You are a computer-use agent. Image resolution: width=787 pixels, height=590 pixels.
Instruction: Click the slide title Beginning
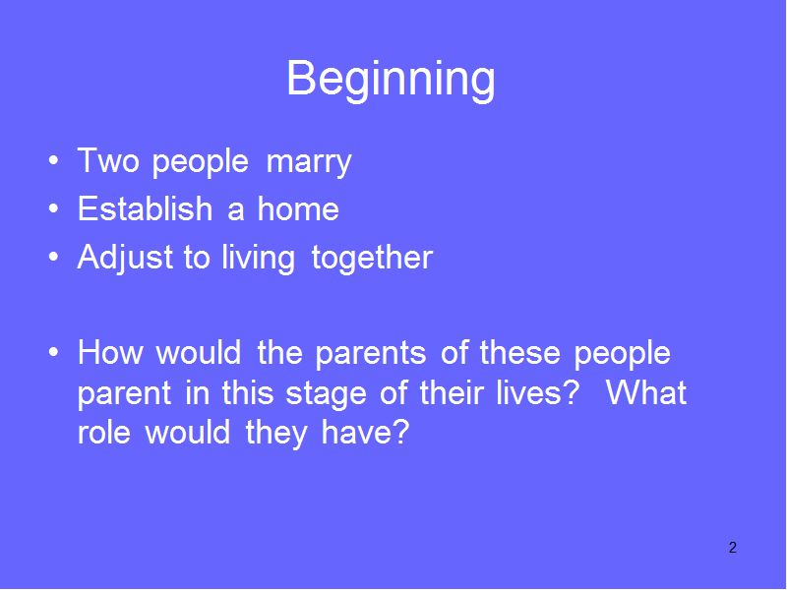(391, 80)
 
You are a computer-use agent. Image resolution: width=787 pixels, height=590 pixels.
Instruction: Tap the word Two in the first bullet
(108, 160)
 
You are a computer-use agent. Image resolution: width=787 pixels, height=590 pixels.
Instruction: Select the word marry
(309, 163)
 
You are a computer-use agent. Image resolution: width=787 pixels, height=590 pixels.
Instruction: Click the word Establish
(145, 208)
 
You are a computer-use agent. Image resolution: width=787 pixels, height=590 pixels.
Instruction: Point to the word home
(298, 208)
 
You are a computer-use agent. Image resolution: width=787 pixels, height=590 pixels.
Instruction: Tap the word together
(372, 259)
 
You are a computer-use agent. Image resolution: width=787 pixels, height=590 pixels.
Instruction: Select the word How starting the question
(110, 352)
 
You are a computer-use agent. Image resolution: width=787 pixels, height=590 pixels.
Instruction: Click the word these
(520, 352)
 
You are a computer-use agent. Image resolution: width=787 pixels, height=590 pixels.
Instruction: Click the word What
(646, 391)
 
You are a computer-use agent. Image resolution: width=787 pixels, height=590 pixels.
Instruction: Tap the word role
(104, 432)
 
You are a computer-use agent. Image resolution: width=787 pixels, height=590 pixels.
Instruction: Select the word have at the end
(365, 432)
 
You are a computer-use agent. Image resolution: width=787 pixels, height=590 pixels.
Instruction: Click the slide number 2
(733, 548)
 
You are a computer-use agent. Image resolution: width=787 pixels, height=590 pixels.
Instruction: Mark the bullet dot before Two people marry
(54, 161)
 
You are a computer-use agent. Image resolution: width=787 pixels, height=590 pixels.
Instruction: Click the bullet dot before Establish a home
(54, 209)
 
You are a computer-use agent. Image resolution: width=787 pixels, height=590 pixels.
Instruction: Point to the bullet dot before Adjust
(54, 257)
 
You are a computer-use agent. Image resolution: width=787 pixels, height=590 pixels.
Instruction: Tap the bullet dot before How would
(54, 353)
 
